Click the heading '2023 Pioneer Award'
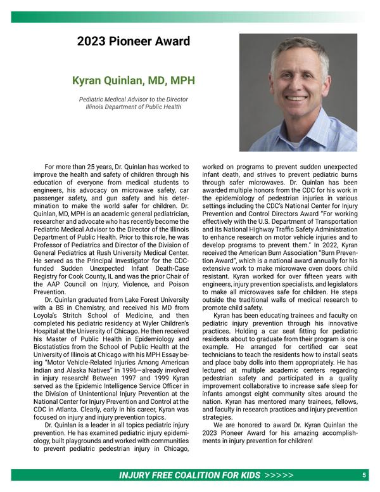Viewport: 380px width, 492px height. [133, 42]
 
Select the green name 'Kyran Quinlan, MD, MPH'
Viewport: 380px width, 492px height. [133, 81]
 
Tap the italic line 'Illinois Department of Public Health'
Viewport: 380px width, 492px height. [133, 107]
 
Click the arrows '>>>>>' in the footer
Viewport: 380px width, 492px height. [279, 475]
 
